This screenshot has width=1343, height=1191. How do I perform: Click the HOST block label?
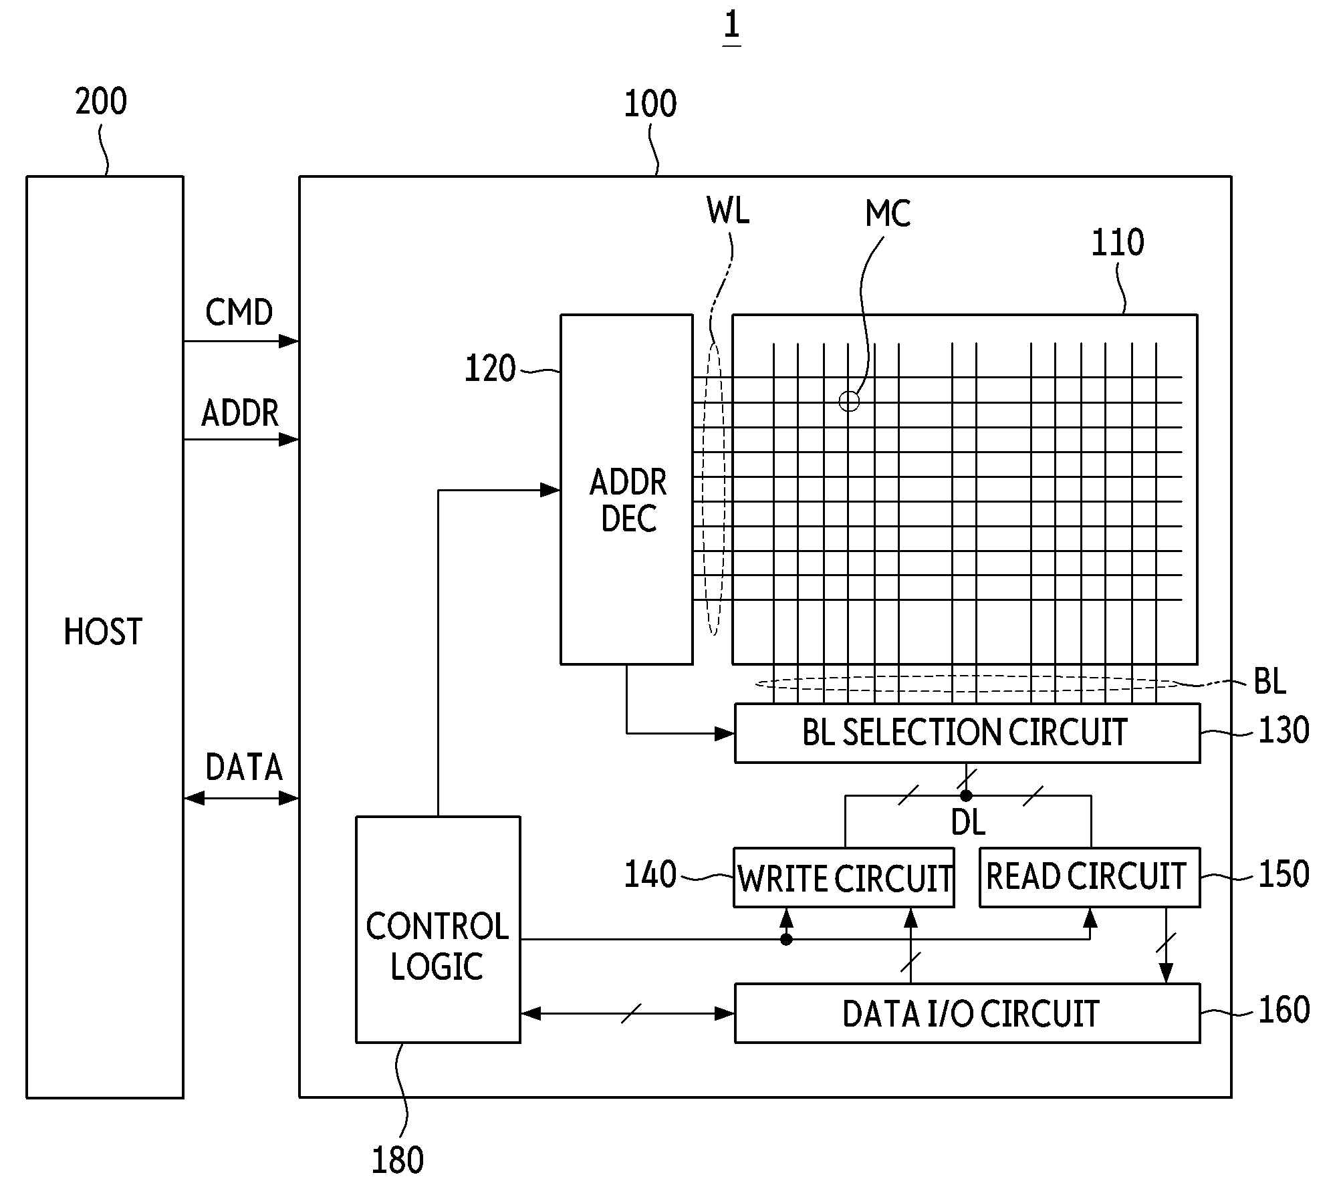[x=103, y=632]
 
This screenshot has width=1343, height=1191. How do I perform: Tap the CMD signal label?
[x=239, y=312]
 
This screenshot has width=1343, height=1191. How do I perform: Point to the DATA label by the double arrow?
[x=244, y=767]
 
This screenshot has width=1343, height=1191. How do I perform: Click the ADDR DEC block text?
[x=628, y=500]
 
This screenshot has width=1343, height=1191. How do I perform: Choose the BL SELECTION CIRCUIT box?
[x=967, y=733]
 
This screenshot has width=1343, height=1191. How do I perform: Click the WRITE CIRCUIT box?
[x=844, y=878]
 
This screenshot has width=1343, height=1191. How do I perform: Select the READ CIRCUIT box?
[x=1090, y=878]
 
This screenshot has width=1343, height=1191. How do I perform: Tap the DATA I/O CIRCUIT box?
[x=967, y=1013]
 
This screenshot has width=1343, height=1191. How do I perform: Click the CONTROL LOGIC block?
[x=438, y=929]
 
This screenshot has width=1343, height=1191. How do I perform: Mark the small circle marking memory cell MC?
[x=849, y=401]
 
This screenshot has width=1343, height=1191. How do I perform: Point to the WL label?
[x=728, y=211]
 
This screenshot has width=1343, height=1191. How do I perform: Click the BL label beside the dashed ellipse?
[x=1269, y=681]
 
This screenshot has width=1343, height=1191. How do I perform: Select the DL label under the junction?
[x=967, y=823]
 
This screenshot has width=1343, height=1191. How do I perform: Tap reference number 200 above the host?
[x=101, y=102]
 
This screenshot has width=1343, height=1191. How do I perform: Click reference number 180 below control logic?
[x=397, y=1160]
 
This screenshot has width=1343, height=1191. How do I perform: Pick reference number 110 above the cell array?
[x=1117, y=243]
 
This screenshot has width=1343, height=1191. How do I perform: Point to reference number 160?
[x=1284, y=1010]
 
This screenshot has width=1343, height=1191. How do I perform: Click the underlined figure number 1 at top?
[x=731, y=26]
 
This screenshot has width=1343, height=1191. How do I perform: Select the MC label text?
[x=888, y=214]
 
